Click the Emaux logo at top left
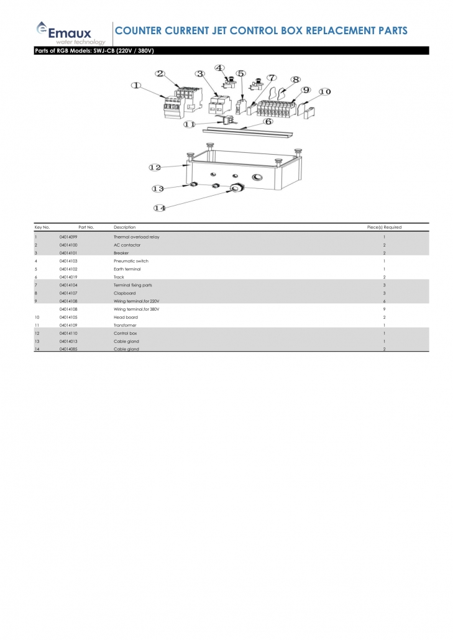70,32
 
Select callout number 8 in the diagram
296,80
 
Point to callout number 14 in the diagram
160,208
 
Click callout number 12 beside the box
155,167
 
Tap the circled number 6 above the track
268,122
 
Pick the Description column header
124,227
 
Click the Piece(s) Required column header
384,227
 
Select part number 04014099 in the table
68,237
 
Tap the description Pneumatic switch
131,262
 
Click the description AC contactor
126,245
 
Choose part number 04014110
68,333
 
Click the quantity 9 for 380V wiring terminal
385,309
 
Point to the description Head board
126,317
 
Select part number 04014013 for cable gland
68,341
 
